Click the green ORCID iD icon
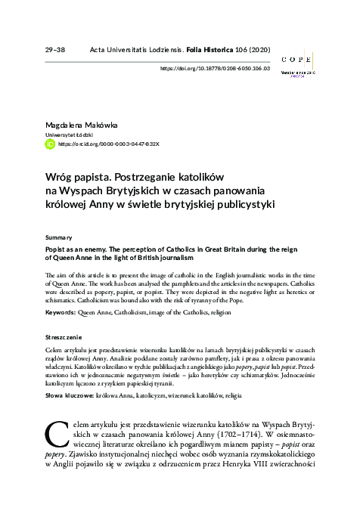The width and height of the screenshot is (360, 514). coord(50,142)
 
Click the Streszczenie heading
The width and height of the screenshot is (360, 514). coord(65,336)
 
